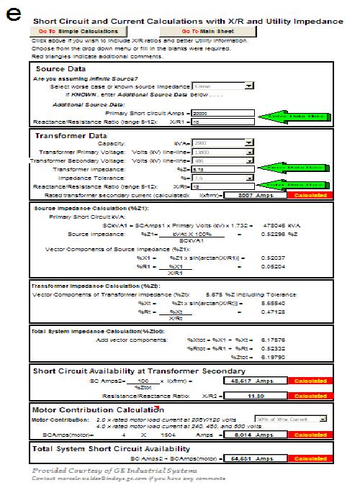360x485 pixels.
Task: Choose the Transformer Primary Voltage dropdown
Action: (222, 153)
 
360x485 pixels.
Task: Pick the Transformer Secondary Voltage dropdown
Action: (222, 161)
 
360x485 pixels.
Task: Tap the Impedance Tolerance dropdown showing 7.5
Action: (222, 178)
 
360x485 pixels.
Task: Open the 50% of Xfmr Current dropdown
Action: (292, 418)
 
